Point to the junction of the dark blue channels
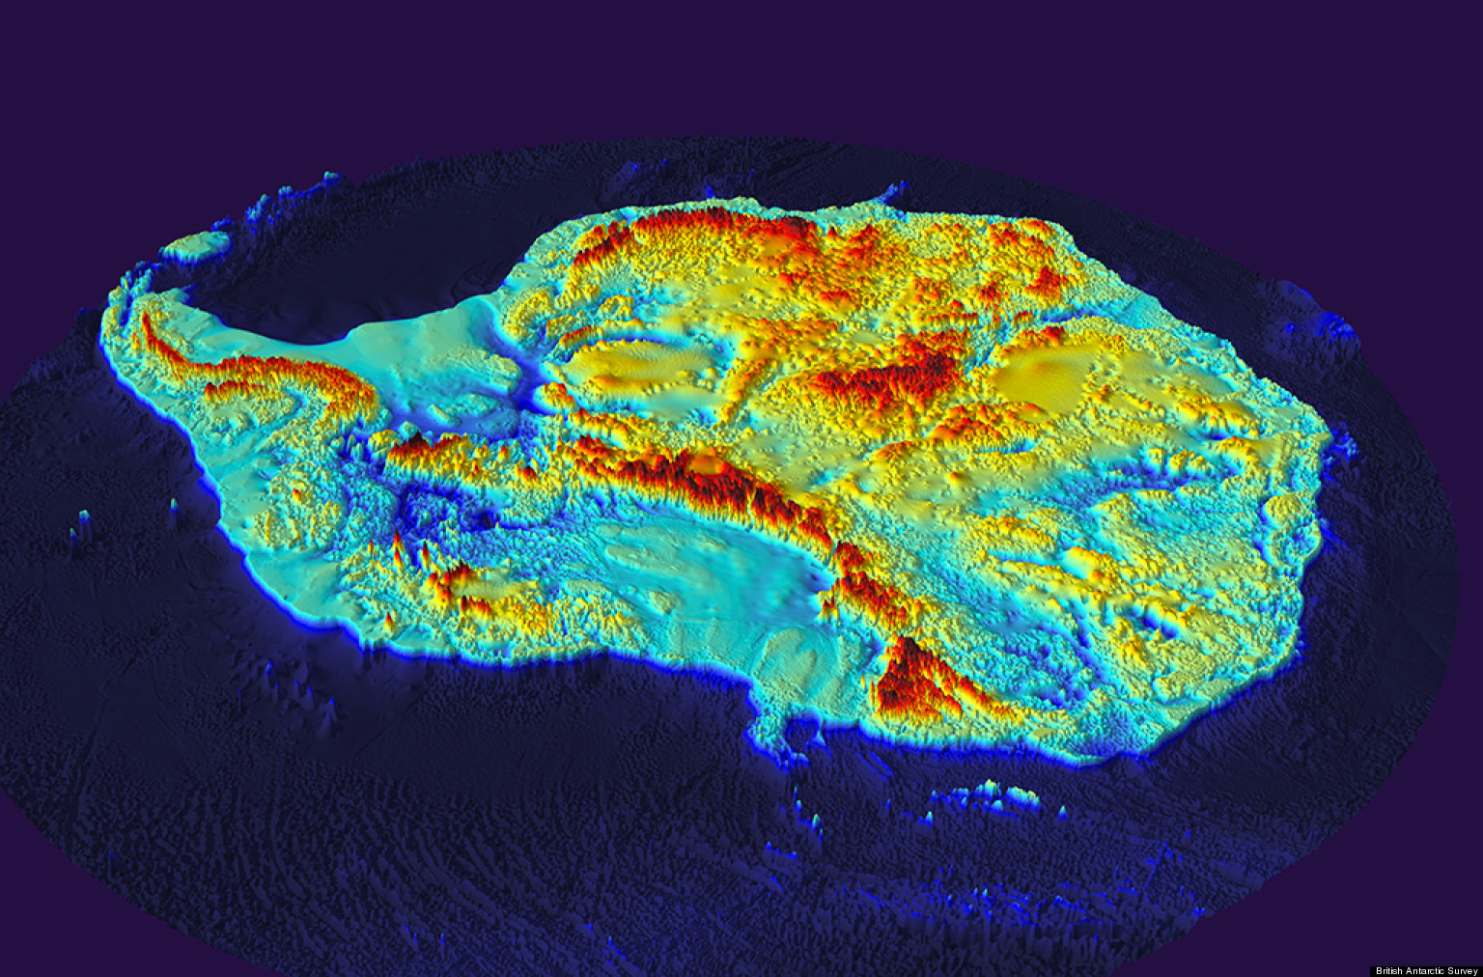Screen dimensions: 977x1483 click(x=526, y=386)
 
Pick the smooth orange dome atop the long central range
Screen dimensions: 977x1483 click(x=710, y=463)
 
